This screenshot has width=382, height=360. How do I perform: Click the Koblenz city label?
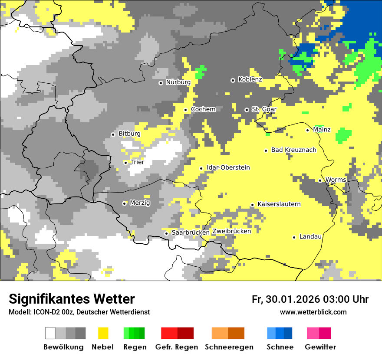point(250,79)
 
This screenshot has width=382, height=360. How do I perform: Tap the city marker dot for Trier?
point(126,163)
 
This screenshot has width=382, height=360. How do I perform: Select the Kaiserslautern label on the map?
point(279,204)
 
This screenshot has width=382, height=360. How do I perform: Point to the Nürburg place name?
point(178,82)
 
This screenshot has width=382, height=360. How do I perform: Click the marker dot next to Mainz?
point(307,130)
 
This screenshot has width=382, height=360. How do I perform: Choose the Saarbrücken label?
point(191,232)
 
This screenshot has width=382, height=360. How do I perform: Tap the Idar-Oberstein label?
point(228,167)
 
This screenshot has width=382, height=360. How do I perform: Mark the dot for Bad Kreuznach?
point(266,151)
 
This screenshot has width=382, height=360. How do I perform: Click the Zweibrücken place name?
point(232,231)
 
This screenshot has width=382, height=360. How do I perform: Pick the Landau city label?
point(310,236)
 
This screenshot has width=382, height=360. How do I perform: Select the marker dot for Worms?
point(320,180)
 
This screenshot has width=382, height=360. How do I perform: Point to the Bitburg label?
point(129,134)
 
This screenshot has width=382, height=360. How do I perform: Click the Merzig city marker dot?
point(124,203)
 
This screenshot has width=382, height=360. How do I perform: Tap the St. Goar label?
point(264,109)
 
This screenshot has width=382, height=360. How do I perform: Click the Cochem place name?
point(203,109)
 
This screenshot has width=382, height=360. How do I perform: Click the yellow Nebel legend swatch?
point(103,333)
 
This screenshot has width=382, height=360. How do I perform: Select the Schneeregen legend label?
point(229,347)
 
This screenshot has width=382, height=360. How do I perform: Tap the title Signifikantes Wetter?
point(72,299)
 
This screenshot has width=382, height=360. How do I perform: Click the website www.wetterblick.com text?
point(313,312)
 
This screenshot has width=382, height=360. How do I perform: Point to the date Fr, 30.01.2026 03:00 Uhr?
point(310,299)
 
